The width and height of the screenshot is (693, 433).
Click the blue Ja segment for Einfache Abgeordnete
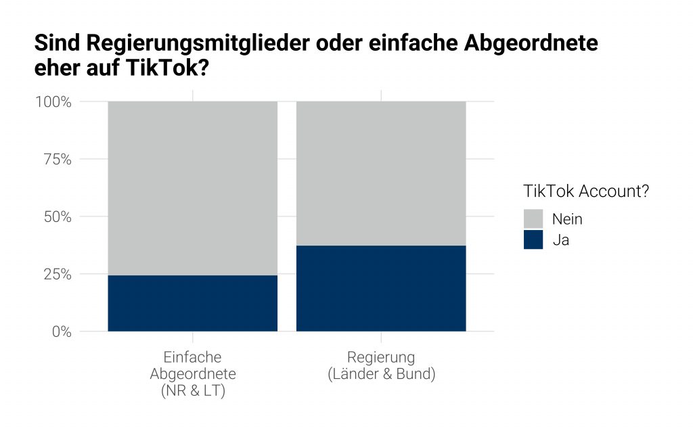[193, 303]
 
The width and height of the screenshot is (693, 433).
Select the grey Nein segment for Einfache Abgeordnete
[193, 188]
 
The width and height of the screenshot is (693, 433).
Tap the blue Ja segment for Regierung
[381, 288]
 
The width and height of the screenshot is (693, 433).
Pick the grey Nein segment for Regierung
[381, 173]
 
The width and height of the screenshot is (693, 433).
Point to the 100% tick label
[53, 102]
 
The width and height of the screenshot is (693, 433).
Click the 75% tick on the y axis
[56, 160]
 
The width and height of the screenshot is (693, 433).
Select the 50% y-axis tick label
[56, 217]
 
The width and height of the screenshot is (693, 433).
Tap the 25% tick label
[56, 275]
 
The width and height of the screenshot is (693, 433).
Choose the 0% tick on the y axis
[60, 332]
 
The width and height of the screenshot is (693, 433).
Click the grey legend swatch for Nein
[533, 219]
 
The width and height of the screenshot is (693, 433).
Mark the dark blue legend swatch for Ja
[533, 240]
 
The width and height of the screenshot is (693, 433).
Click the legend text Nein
[567, 219]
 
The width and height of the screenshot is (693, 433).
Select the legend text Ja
[560, 240]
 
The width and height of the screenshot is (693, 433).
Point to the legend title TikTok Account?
[586, 191]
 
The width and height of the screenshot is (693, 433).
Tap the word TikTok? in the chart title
[169, 69]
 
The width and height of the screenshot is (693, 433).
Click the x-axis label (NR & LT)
[193, 391]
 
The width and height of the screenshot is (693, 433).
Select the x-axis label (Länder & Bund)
[381, 374]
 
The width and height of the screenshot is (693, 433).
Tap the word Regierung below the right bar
[381, 357]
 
